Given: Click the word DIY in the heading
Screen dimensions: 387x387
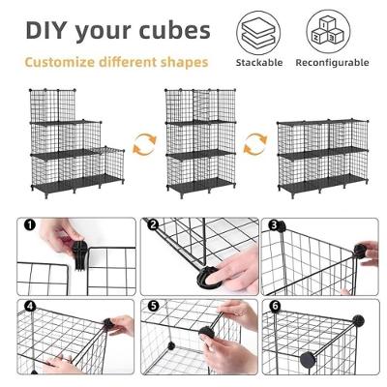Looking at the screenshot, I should click(x=49, y=30).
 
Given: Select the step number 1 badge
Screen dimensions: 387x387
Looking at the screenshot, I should click(x=30, y=226).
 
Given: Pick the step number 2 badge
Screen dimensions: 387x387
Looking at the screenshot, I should click(x=153, y=226).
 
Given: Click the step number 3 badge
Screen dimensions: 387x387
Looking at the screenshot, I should click(x=275, y=226).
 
